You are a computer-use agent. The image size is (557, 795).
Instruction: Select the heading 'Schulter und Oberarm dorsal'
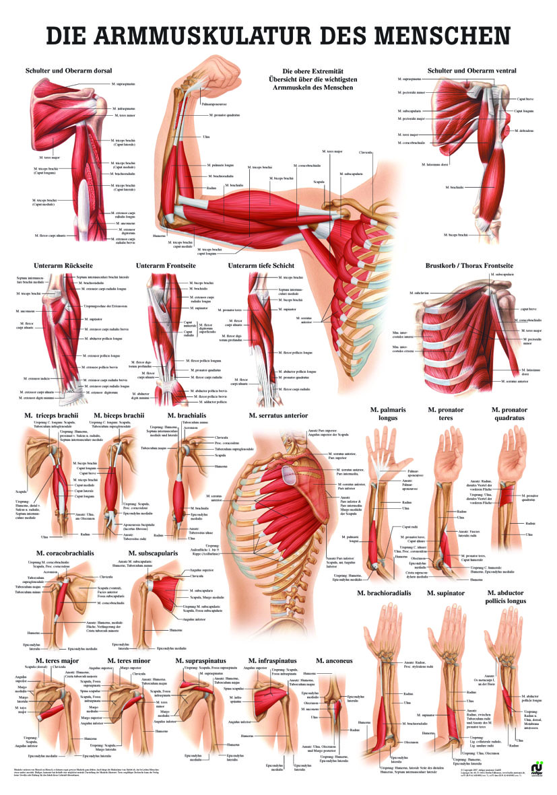(x=69, y=69)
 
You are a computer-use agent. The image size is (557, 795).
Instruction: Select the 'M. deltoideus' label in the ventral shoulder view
(x=524, y=129)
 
